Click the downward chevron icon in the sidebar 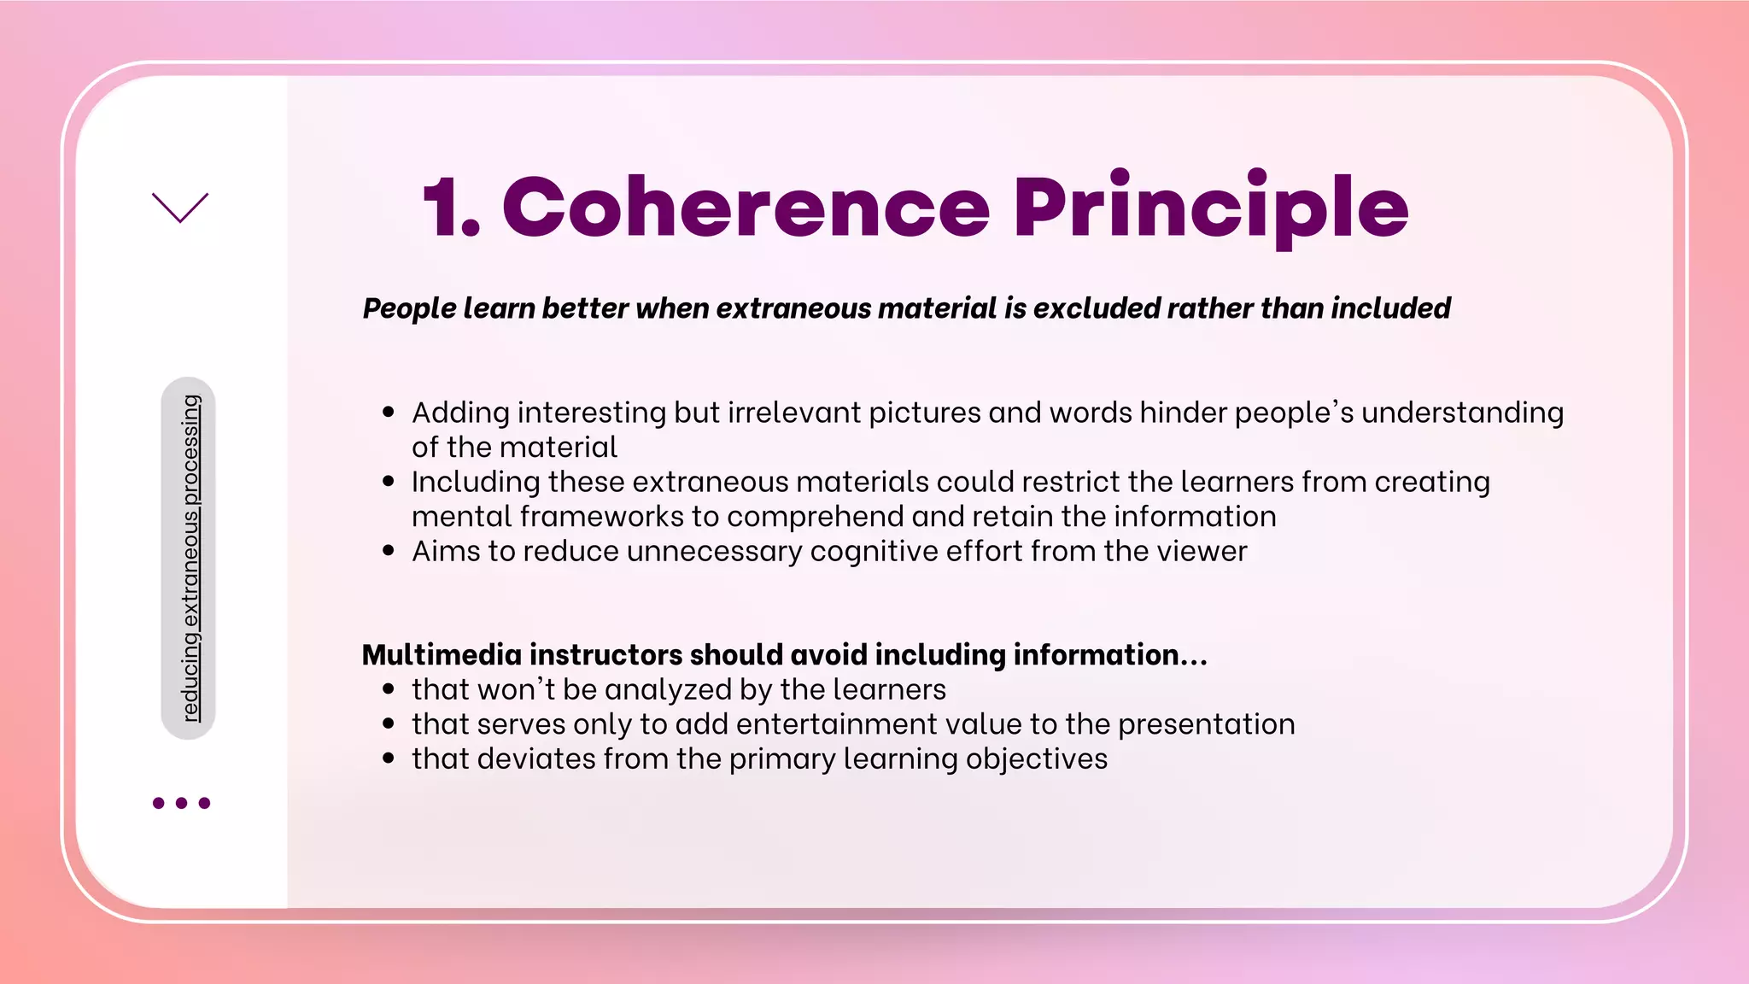180,208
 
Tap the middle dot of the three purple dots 181,803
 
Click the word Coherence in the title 746,208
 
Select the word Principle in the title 1210,208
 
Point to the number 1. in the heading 451,208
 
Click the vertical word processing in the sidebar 192,449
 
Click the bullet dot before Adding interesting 389,413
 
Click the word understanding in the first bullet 1462,413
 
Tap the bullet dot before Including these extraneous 389,482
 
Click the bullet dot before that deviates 389,758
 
